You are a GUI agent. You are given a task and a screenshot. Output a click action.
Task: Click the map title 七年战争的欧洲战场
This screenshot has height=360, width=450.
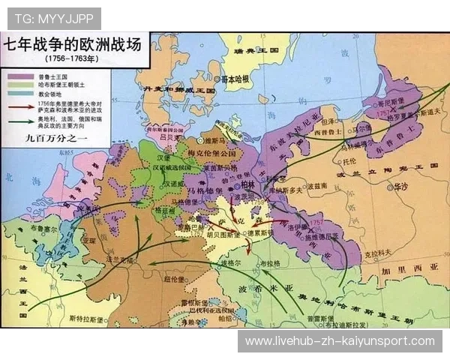pyautogui.click(x=75, y=44)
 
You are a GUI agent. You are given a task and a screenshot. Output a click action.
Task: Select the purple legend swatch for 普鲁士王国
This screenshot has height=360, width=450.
pyautogui.click(x=16, y=76)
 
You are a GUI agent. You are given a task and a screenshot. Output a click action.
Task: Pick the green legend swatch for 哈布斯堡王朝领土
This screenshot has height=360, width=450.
pyautogui.click(x=16, y=84)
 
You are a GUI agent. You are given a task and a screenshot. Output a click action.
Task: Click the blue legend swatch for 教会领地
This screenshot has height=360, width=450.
pyautogui.click(x=16, y=93)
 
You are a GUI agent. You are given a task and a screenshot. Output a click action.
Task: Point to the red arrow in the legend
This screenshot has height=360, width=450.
pyautogui.click(x=16, y=103)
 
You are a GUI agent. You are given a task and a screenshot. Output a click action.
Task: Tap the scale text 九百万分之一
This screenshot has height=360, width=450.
pyautogui.click(x=46, y=138)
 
